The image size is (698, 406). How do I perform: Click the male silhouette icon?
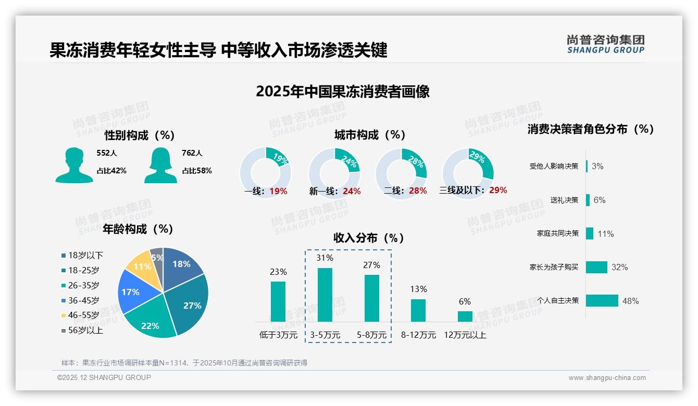74,165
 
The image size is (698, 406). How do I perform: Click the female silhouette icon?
160,165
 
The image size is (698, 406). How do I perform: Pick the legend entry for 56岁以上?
82,331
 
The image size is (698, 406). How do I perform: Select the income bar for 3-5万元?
325,295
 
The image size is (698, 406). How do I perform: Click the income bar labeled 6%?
465,316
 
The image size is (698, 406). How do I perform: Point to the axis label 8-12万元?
418,335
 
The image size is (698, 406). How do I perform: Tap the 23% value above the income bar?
278,272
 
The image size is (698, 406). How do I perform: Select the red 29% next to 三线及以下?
498,191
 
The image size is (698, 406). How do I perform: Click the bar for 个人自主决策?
602,301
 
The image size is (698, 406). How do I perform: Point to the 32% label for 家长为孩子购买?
620,268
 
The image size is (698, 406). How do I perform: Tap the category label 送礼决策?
564,200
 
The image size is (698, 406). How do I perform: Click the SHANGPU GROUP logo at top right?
605,44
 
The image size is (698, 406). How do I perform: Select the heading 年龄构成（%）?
138,229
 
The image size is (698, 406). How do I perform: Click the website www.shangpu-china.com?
607,378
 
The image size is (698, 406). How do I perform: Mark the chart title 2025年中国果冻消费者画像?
342,92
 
